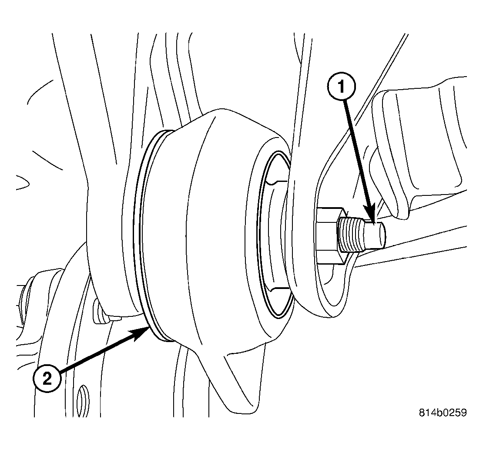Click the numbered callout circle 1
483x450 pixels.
click(x=341, y=87)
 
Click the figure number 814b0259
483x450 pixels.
click(x=443, y=413)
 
